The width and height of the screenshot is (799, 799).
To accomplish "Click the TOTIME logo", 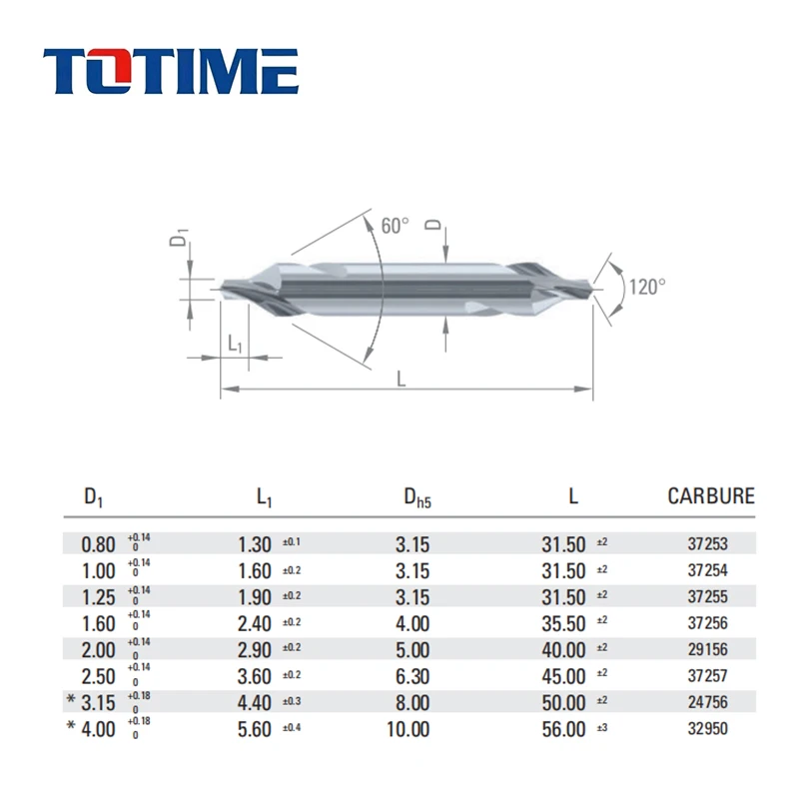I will (x=171, y=72).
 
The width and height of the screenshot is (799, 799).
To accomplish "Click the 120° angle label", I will (x=646, y=287).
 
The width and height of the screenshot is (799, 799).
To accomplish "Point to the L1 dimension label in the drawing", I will (x=235, y=344).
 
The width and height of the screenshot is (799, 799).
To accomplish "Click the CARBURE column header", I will (x=710, y=496).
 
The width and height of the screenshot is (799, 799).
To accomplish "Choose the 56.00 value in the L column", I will (x=562, y=729).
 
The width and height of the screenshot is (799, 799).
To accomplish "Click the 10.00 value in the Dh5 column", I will (x=407, y=729).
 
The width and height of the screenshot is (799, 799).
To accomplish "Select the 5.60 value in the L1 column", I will (x=254, y=729).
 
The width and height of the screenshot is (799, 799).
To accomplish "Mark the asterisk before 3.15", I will (x=70, y=703).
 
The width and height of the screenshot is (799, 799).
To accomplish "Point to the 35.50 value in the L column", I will (x=562, y=624).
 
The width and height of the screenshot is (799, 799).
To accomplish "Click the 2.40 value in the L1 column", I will (x=254, y=624).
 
